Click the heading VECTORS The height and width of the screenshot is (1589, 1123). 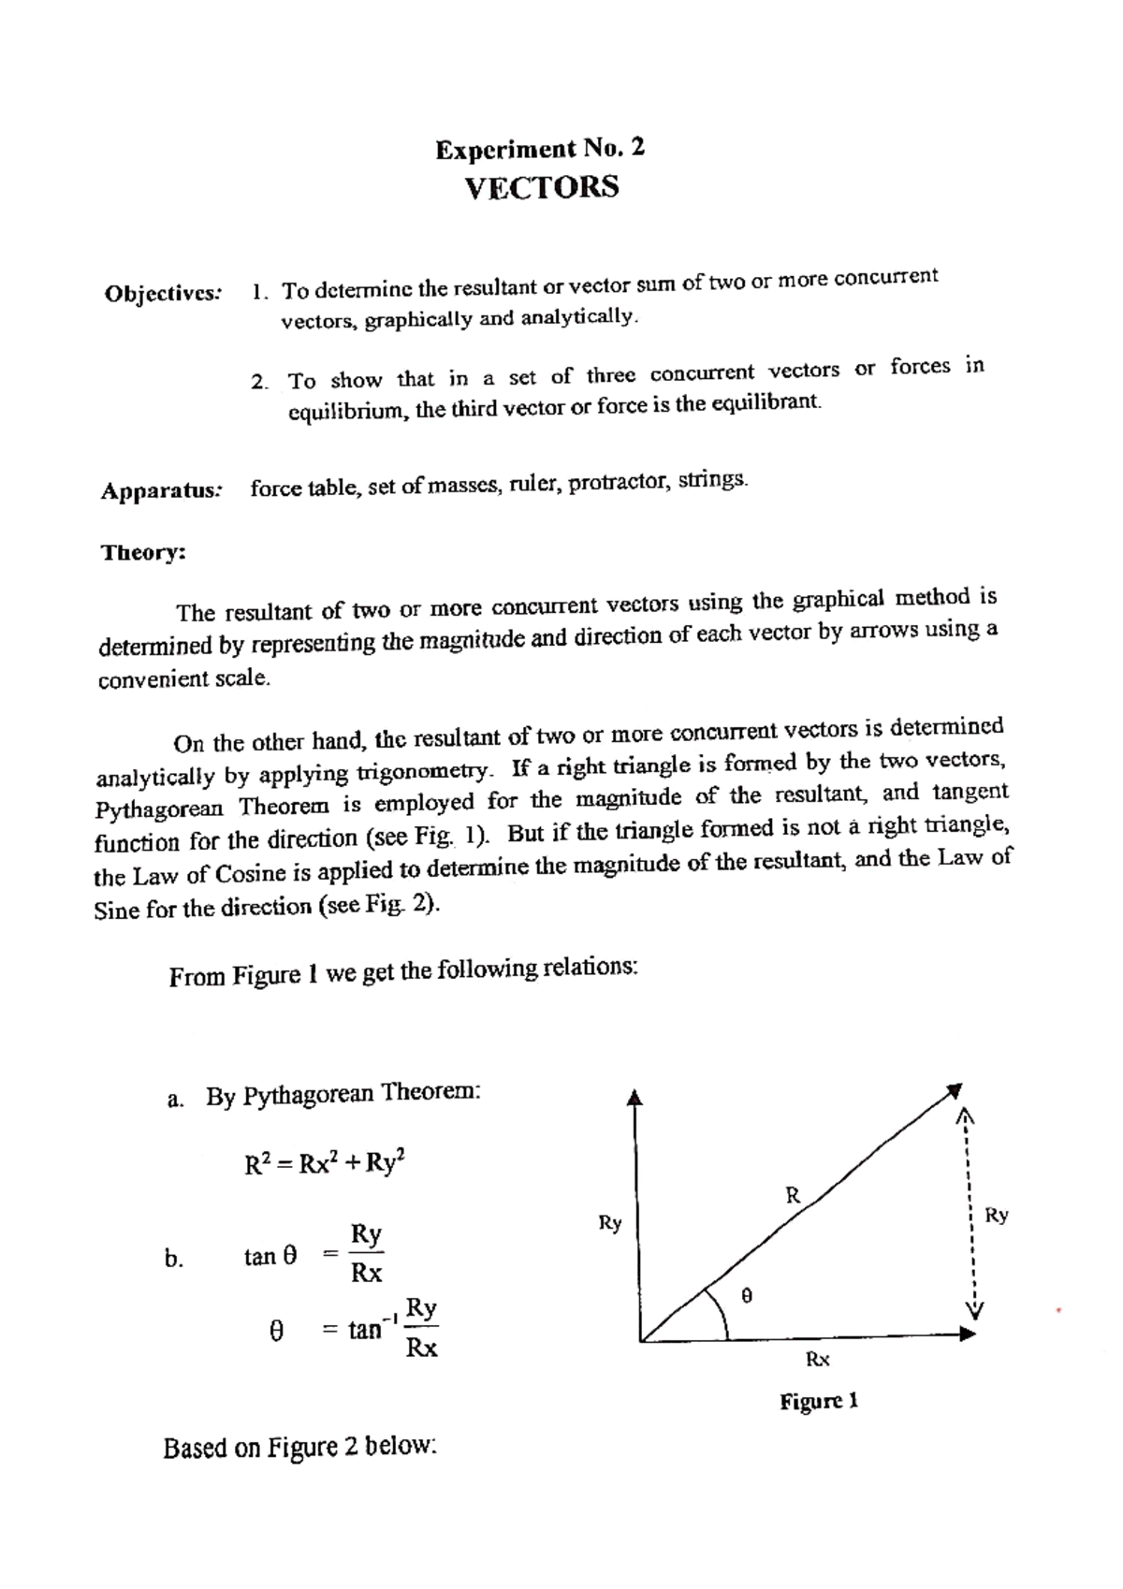click(542, 187)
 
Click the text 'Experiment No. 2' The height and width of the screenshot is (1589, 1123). click(540, 149)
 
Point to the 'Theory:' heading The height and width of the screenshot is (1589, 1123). click(143, 552)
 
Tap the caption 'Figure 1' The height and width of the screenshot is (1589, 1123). click(819, 1401)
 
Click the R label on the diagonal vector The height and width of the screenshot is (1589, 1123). click(793, 1194)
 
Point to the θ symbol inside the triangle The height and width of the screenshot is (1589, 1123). click(746, 1296)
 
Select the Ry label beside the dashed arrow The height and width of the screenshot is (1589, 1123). click(997, 1215)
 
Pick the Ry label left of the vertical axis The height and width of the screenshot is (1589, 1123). click(609, 1222)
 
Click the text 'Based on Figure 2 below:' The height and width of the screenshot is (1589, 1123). click(300, 1448)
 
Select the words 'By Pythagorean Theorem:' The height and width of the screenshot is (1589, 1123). click(343, 1094)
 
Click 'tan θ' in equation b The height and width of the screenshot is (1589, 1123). click(270, 1257)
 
